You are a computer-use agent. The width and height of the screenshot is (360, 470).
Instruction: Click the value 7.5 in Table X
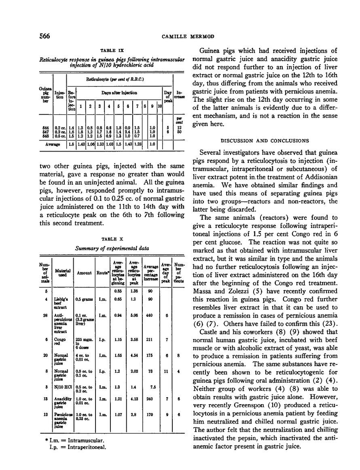click(152, 387)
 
